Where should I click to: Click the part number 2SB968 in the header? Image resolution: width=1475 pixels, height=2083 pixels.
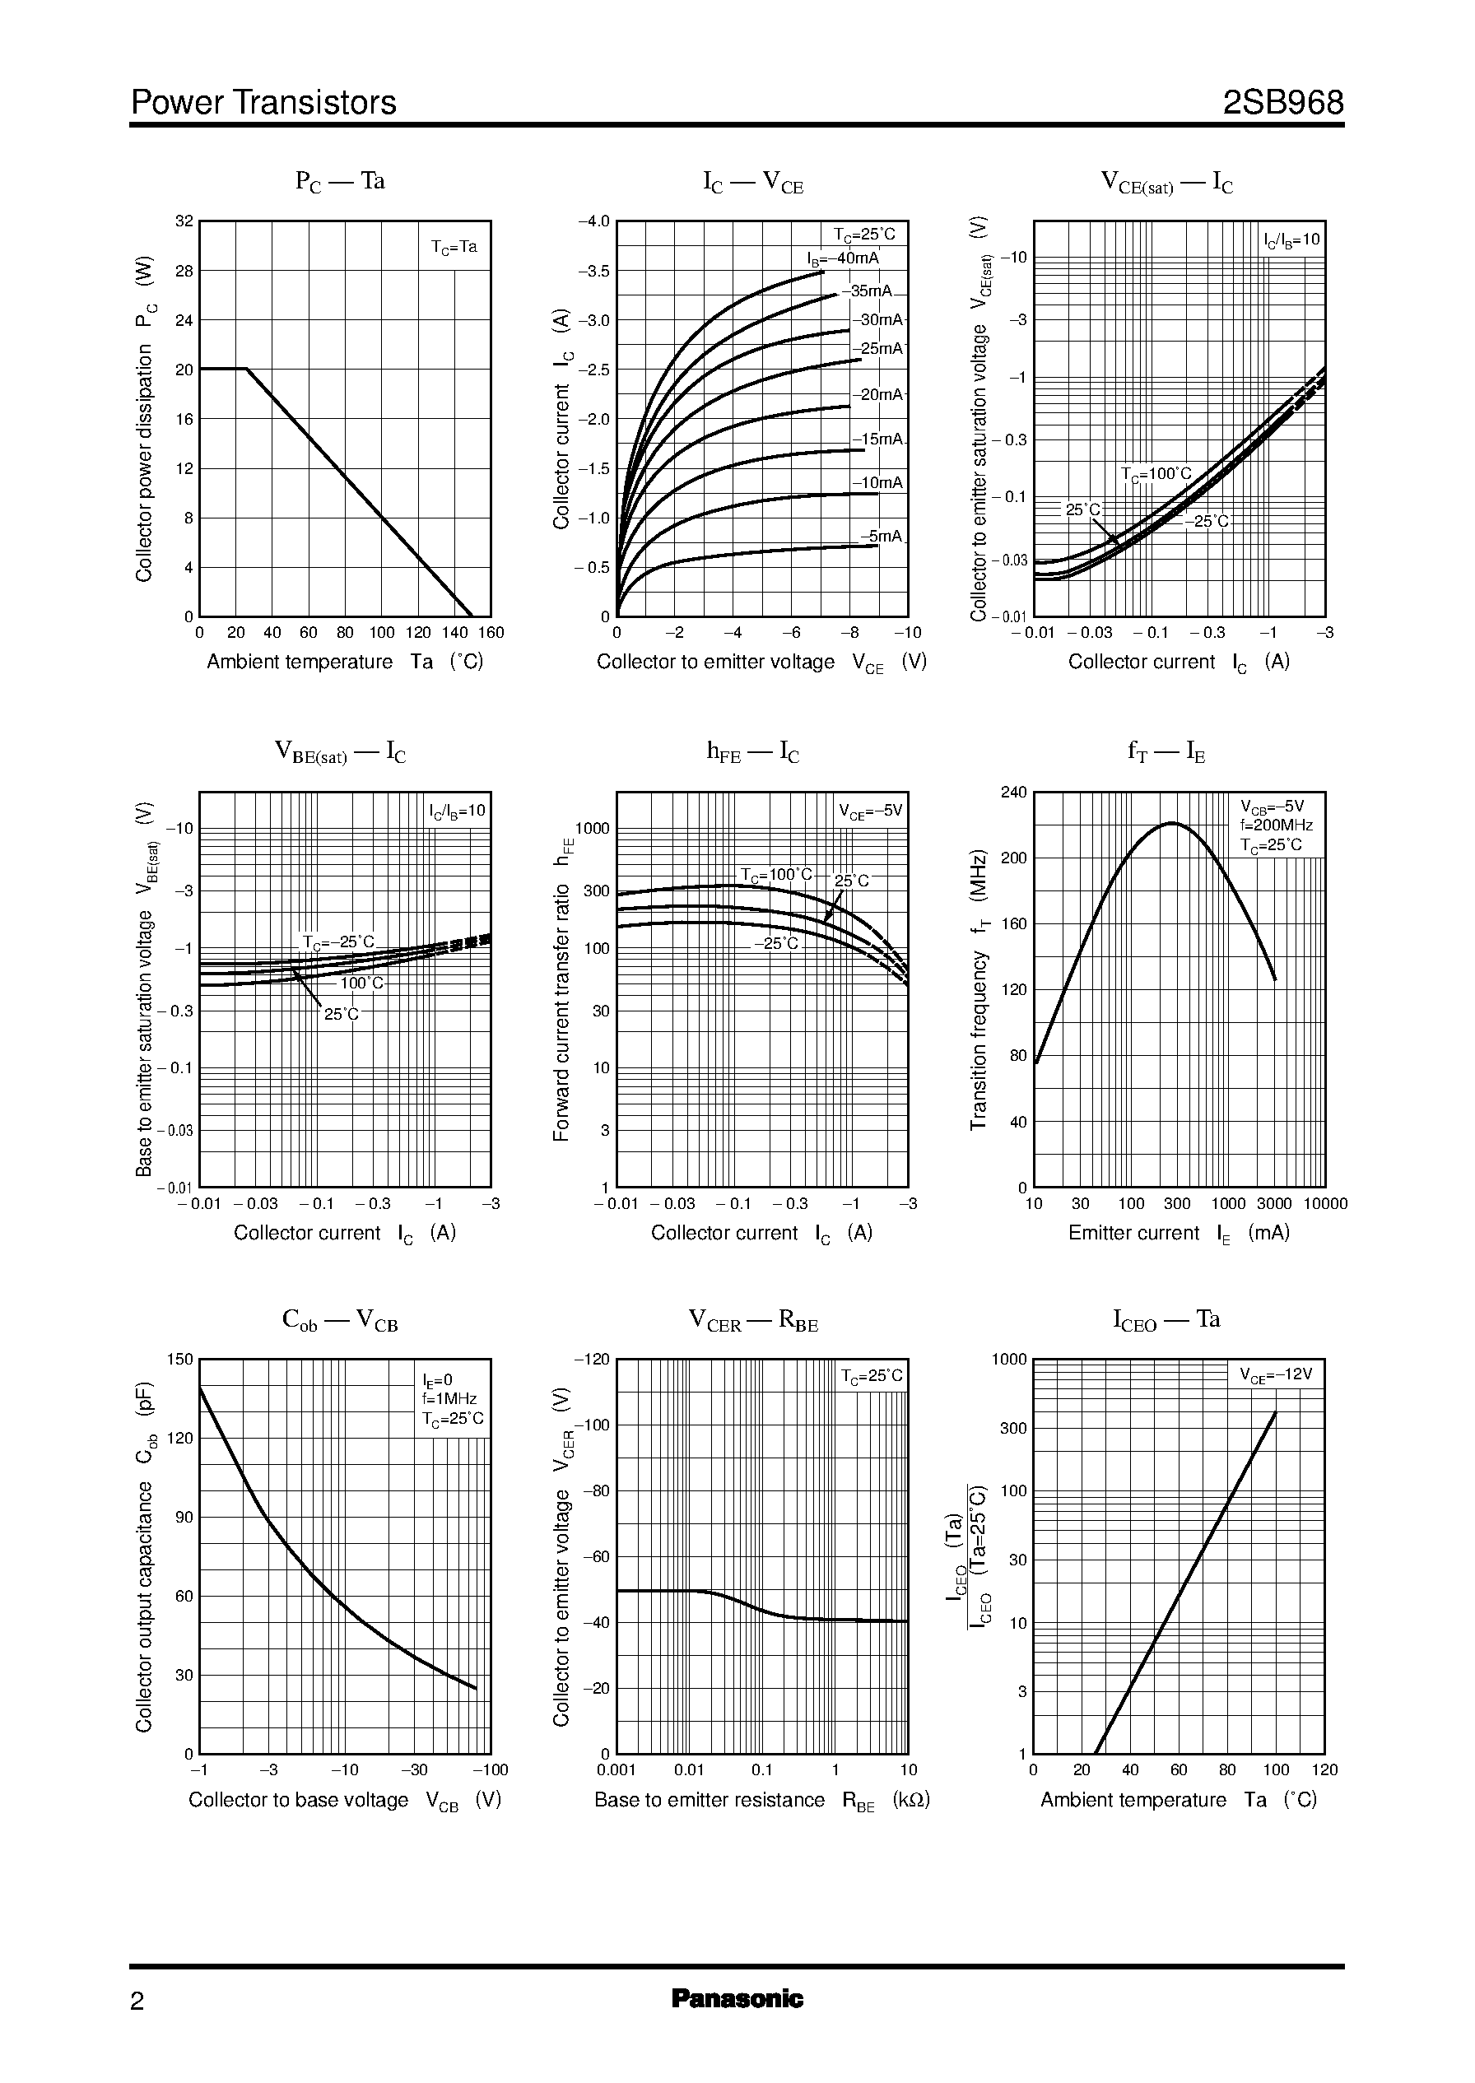pos(1282,103)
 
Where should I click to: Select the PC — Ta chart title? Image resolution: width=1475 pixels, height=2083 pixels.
pos(340,182)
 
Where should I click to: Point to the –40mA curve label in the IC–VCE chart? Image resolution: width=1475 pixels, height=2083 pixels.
pos(844,258)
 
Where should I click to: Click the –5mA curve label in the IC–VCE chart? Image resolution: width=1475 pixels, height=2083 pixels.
pos(881,537)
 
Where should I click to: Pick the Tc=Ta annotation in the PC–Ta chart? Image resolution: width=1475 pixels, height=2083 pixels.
pos(454,247)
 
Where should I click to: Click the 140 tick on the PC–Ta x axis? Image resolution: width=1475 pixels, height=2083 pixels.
pos(455,633)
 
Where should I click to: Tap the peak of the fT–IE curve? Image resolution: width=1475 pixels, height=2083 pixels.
pos(1171,823)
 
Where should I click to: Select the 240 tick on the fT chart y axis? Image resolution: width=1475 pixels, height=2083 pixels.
pos(1013,793)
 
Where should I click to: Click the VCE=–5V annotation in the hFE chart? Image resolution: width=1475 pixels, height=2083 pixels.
pos(870,811)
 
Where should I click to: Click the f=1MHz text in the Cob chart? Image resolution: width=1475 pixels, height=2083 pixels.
pos(449,1399)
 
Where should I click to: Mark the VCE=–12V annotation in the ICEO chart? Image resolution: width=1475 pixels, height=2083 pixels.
pos(1276,1374)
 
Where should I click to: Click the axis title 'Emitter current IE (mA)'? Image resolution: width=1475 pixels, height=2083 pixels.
pos(1178,1233)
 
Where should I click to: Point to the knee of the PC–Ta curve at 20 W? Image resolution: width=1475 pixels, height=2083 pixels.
pos(246,369)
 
